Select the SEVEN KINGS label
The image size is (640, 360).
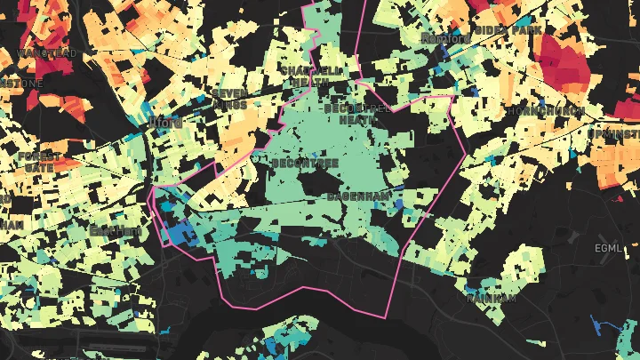(229, 99)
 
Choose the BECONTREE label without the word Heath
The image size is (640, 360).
(294, 164)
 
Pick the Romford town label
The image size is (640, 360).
(446, 39)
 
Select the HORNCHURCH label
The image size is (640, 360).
(545, 111)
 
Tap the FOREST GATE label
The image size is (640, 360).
(39, 161)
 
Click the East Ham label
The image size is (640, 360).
(115, 231)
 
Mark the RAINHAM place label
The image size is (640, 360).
(491, 299)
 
